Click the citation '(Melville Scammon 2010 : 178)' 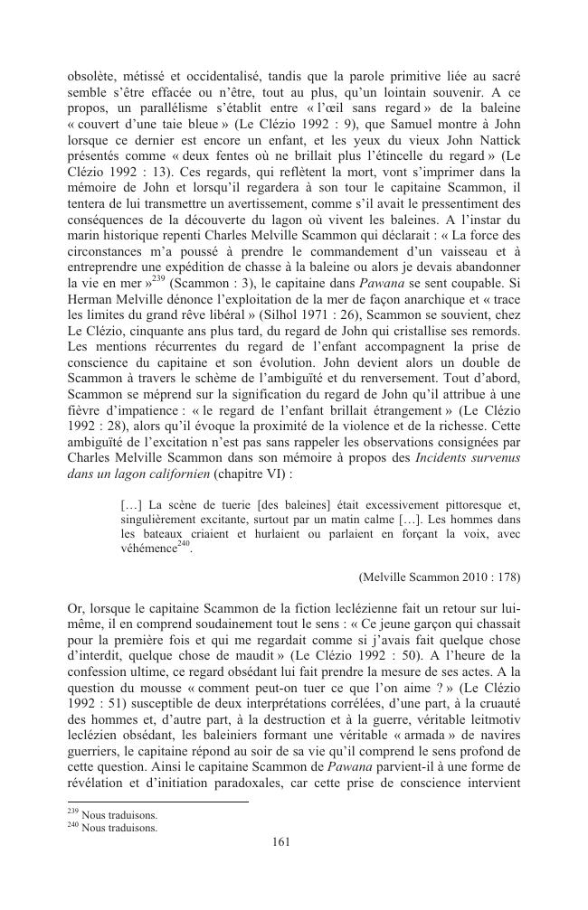point(439,576)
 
